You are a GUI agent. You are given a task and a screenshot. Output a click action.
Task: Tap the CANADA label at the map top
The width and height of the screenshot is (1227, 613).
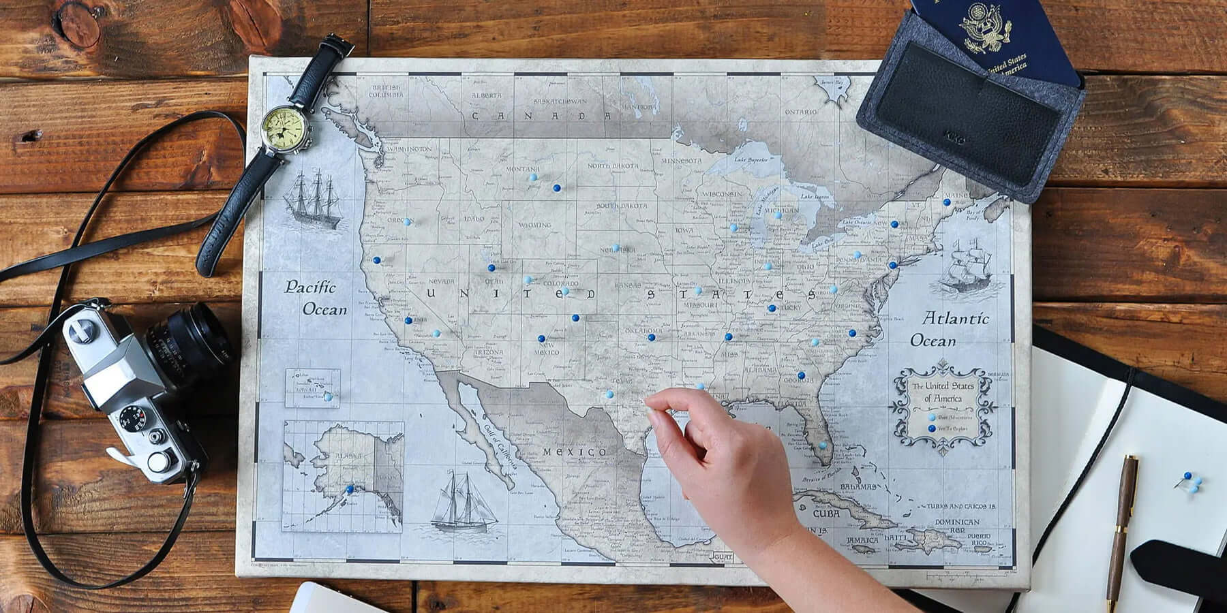pyautogui.click(x=542, y=116)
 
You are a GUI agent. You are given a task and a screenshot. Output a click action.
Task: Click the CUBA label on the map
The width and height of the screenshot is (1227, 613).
pyautogui.click(x=825, y=514)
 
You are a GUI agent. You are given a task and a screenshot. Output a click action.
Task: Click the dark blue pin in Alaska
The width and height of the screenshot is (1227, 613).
pyautogui.click(x=350, y=488)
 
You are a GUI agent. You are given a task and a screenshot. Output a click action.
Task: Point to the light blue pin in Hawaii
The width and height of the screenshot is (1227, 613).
pyautogui.click(x=328, y=396)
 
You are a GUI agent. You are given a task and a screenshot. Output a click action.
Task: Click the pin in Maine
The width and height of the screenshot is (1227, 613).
pyautogui.click(x=946, y=202)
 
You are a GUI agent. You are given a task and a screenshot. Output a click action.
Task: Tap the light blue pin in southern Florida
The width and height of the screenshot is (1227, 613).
pyautogui.click(x=822, y=445)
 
